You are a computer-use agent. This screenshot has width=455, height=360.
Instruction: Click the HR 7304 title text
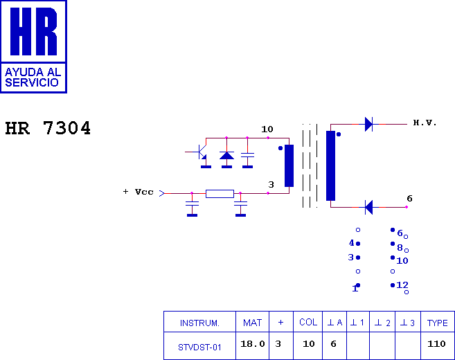(48, 128)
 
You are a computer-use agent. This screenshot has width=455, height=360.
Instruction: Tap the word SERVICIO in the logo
(32, 82)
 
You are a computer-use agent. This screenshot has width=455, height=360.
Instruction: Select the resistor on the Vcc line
(220, 193)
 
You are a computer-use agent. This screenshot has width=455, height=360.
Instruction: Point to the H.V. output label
(425, 123)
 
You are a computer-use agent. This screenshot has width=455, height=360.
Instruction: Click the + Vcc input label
(138, 192)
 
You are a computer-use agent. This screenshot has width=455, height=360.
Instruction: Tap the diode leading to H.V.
(369, 124)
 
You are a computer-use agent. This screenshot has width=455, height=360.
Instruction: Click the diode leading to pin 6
(369, 207)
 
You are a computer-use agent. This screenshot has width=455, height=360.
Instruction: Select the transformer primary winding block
(289, 165)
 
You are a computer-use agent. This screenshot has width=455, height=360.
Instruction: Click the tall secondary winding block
(330, 165)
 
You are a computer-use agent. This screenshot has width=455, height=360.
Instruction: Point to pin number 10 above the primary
(267, 129)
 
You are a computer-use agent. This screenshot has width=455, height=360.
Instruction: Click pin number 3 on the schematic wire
(271, 184)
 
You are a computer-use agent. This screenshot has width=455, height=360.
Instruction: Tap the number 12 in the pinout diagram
(402, 285)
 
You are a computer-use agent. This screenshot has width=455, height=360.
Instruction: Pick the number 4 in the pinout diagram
(352, 243)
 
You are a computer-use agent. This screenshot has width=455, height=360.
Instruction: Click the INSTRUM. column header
(199, 323)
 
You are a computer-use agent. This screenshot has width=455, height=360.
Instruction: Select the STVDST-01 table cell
(199, 348)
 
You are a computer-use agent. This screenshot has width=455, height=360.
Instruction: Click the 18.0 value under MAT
(253, 344)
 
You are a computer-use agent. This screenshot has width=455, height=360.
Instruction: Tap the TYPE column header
(437, 323)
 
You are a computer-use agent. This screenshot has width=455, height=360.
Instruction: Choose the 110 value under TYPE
(436, 344)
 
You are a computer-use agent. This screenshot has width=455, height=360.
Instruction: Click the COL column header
(308, 323)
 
